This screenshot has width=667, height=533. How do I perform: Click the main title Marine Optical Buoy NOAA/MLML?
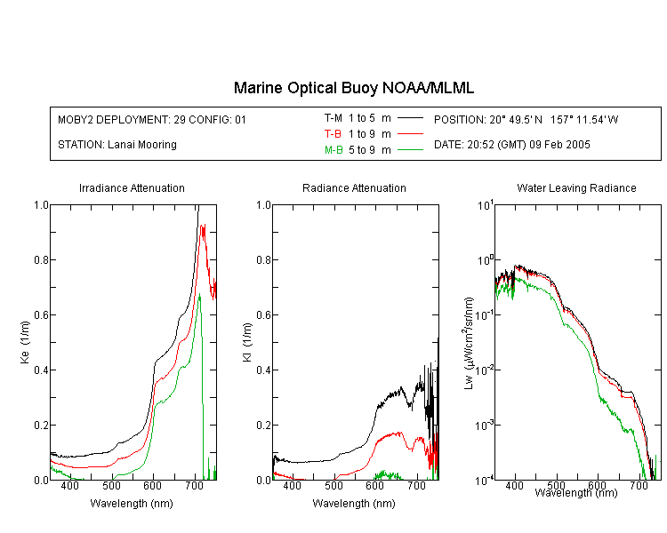[353, 88]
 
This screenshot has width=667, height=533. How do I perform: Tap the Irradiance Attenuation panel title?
[132, 187]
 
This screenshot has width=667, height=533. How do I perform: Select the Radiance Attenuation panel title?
[354, 187]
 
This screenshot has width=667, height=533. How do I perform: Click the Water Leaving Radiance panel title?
[576, 187]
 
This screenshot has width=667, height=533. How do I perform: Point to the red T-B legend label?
[333, 134]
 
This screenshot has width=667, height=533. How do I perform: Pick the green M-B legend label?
[333, 150]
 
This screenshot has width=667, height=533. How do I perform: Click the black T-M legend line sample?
[410, 118]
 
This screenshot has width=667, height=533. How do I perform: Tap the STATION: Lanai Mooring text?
[117, 145]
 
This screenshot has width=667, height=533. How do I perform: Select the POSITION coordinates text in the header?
[526, 119]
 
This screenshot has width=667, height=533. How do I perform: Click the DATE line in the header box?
[511, 145]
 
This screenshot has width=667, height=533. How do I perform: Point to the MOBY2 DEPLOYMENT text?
[152, 119]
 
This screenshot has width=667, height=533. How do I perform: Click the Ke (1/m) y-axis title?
[25, 342]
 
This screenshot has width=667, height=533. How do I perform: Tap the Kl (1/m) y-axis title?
[247, 342]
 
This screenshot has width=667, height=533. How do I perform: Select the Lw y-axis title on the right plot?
[469, 343]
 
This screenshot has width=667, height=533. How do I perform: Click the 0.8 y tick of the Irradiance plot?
[41, 259]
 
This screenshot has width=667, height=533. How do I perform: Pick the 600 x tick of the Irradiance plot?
[153, 485]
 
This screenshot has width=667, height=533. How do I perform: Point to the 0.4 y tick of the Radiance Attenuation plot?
[264, 370]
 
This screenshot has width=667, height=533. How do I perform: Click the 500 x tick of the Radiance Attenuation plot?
[333, 485]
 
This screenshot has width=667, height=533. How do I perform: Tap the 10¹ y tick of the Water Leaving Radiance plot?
[485, 204]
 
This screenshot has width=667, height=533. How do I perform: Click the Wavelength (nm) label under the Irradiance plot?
[132, 504]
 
